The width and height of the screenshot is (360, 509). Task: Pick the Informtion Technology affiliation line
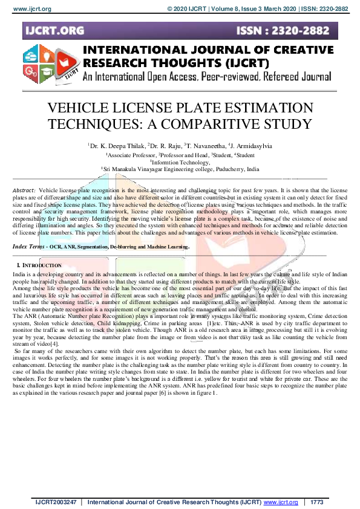[x=181, y=162]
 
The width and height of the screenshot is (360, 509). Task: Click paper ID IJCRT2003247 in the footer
[x=56, y=502]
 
